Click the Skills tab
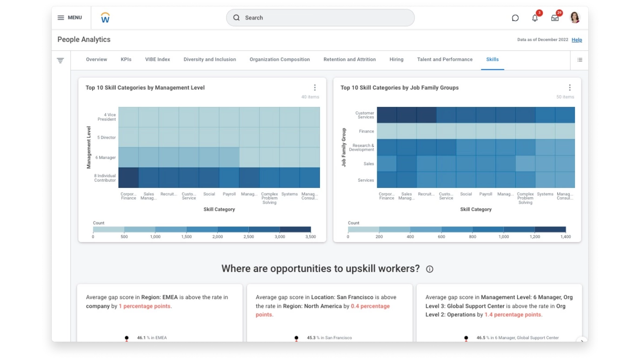click(492, 60)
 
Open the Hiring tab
click(396, 60)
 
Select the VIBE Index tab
click(157, 60)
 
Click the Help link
click(577, 40)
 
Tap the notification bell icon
click(535, 18)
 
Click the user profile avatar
click(575, 18)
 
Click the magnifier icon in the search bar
click(236, 18)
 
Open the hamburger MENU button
click(70, 18)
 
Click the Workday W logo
click(105, 18)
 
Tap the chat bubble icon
click(515, 18)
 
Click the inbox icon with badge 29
click(555, 18)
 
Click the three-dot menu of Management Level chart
click(314, 87)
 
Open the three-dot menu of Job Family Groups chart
click(569, 87)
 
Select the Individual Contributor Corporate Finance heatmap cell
click(128, 178)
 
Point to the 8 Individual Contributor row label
click(105, 178)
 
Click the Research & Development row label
click(361, 147)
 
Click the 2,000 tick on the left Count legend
click(217, 237)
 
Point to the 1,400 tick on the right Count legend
click(566, 237)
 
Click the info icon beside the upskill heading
click(429, 269)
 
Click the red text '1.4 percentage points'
click(513, 314)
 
